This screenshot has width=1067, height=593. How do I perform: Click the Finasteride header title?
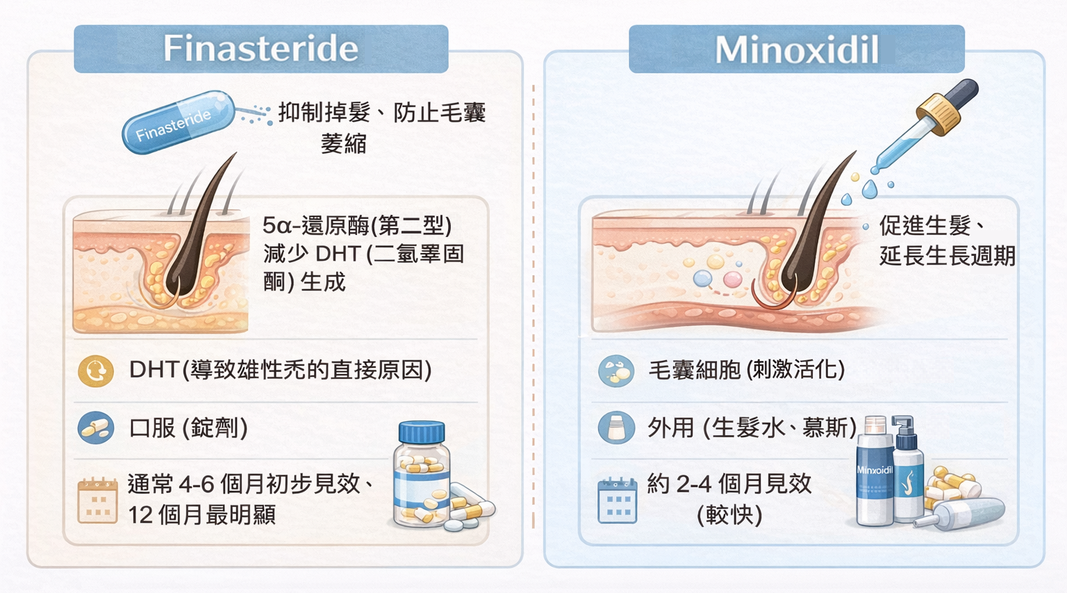tap(260, 49)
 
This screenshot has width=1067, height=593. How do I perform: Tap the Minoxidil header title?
tap(796, 50)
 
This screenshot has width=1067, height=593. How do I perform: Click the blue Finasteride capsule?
tap(178, 121)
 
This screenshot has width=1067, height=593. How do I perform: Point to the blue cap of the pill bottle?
tap(421, 432)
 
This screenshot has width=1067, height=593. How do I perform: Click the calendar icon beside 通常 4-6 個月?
tap(97, 500)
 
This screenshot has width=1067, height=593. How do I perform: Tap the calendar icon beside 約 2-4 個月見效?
tap(617, 500)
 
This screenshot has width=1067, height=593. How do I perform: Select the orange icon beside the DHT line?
tap(96, 371)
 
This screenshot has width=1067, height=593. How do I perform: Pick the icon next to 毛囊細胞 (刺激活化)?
tap(616, 371)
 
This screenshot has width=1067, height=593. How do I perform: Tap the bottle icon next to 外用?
tap(616, 428)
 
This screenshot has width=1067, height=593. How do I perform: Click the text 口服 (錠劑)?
tap(188, 428)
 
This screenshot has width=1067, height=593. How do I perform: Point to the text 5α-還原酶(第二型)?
tap(357, 225)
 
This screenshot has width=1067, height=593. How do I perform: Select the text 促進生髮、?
tap(932, 225)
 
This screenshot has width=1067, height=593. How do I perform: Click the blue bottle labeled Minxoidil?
tap(875, 480)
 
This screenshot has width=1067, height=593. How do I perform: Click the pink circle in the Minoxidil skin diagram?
tap(732, 279)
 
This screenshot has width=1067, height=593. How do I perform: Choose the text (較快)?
tap(729, 514)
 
